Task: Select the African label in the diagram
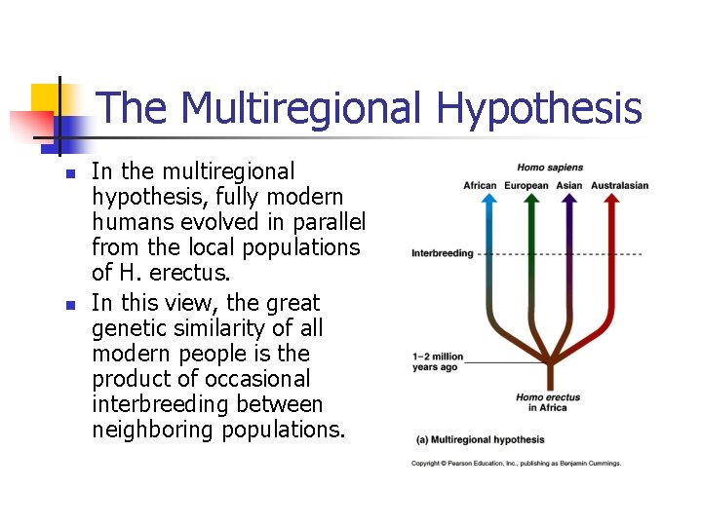click(x=480, y=186)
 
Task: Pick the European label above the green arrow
click(x=526, y=186)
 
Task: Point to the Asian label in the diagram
click(x=569, y=186)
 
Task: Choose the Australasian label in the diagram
click(x=619, y=186)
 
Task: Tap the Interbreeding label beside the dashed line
click(x=442, y=253)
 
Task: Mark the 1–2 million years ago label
click(x=438, y=361)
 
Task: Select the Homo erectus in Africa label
click(x=543, y=401)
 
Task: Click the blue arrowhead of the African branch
click(x=490, y=198)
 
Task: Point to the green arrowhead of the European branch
click(x=530, y=198)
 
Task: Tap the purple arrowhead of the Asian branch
click(x=570, y=198)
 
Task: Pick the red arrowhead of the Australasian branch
click(x=610, y=198)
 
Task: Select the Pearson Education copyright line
click(x=516, y=464)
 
